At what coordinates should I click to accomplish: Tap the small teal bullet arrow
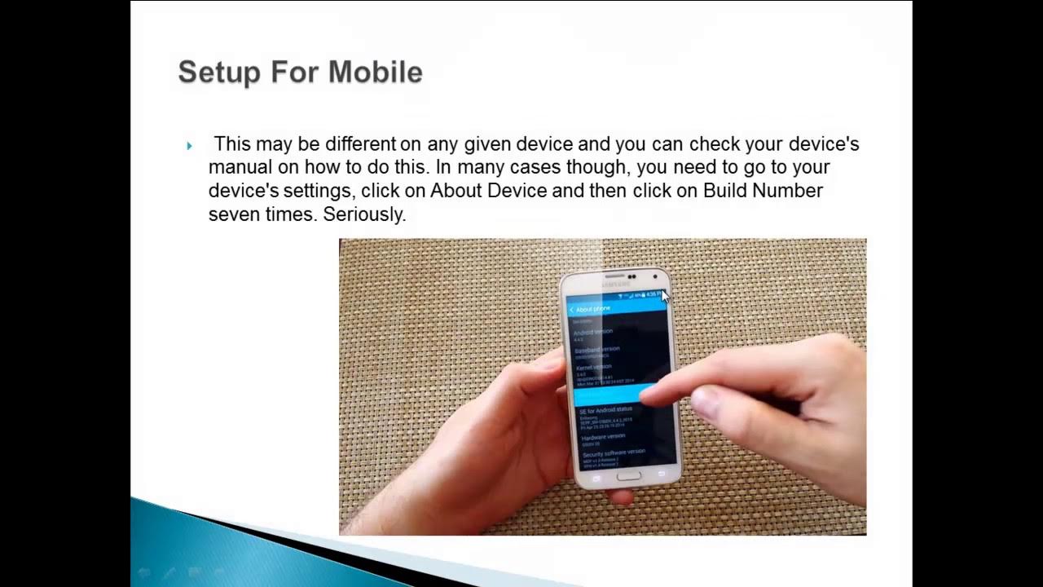point(189,146)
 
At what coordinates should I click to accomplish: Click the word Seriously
point(364,215)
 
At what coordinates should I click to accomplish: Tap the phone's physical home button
point(628,475)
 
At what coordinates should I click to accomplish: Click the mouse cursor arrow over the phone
point(665,296)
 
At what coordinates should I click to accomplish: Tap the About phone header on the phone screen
point(592,309)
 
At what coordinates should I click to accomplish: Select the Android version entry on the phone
point(594,333)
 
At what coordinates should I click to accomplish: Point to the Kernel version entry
point(595,368)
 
